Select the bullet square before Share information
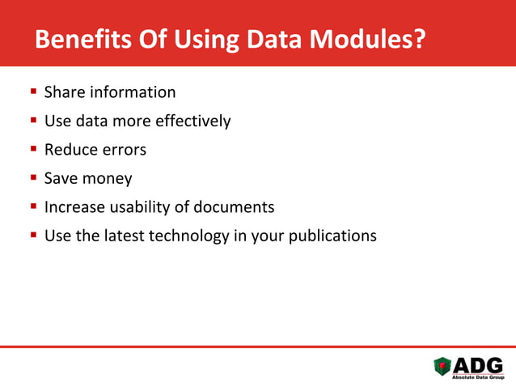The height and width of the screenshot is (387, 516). [x=34, y=92]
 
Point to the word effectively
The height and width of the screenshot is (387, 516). [x=192, y=121]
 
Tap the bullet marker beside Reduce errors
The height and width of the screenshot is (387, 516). [x=34, y=150]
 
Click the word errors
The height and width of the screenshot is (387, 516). [x=124, y=150]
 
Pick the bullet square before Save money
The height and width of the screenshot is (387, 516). [x=34, y=178]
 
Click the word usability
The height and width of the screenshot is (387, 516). [x=138, y=207]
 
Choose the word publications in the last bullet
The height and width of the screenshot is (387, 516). [x=335, y=236]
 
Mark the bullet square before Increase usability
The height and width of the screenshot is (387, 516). [x=34, y=207]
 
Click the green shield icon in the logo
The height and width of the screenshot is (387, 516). [x=443, y=367]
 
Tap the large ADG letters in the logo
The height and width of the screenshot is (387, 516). [x=478, y=364]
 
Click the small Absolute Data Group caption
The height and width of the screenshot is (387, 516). [x=477, y=377]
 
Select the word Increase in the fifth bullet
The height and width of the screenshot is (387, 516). [x=74, y=207]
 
